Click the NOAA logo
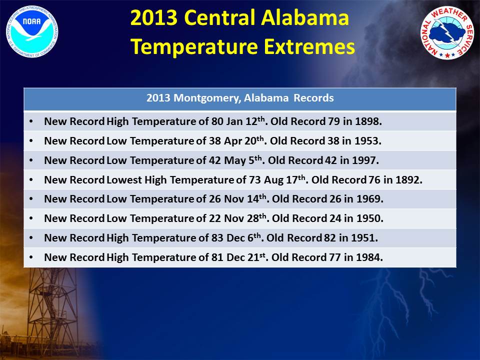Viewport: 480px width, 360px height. click(32, 31)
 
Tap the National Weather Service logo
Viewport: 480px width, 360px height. click(447, 32)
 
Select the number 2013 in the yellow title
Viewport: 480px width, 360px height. click(154, 18)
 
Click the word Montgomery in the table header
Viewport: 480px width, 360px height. click(206, 98)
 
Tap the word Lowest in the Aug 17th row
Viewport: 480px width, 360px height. click(124, 179)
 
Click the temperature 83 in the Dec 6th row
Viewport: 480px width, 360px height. click(217, 238)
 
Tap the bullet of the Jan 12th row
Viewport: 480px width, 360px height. click(31, 121)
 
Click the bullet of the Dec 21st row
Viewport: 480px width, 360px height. click(31, 257)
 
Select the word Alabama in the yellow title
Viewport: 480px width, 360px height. click(305, 18)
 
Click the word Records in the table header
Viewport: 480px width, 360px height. click(314, 98)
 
